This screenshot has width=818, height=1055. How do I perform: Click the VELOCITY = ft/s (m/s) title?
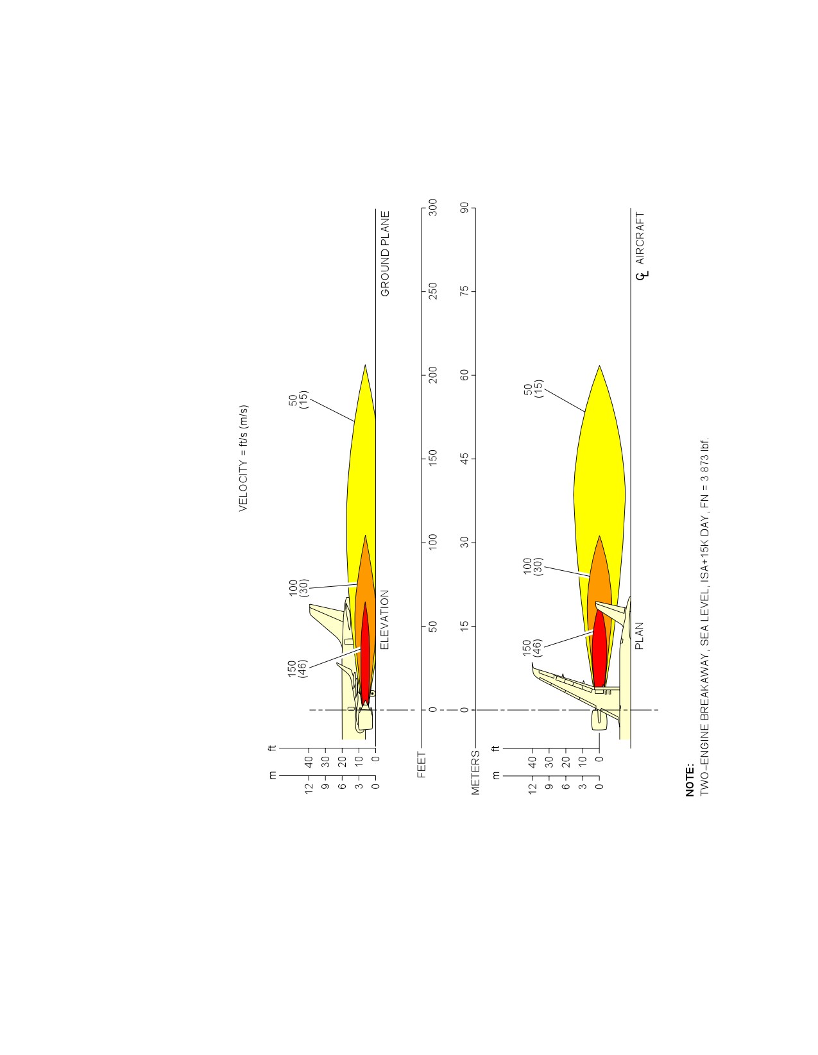pyautogui.click(x=243, y=458)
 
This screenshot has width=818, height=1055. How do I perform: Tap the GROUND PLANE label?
pyautogui.click(x=385, y=253)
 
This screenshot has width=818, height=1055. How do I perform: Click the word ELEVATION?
pyautogui.click(x=384, y=620)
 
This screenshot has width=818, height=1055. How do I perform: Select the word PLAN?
pyautogui.click(x=639, y=636)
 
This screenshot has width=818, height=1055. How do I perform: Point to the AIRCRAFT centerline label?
pyautogui.click(x=640, y=238)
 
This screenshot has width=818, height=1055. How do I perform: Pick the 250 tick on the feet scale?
pyautogui.click(x=432, y=291)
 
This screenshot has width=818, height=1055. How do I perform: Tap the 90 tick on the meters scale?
pyautogui.click(x=465, y=208)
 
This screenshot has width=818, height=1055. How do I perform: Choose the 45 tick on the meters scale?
pyautogui.click(x=465, y=459)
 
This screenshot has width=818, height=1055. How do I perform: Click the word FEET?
pyautogui.click(x=422, y=764)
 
